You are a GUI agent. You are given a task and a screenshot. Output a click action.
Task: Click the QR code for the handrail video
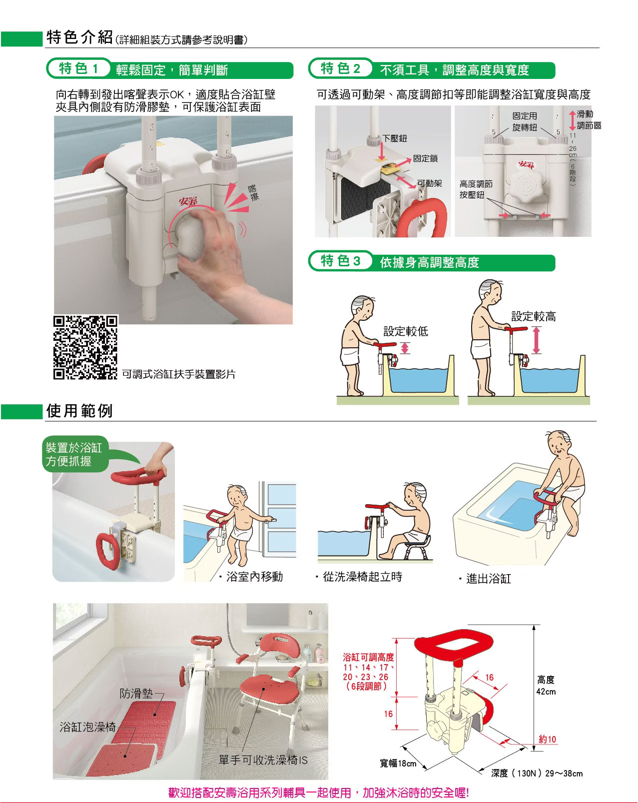(x=85, y=347)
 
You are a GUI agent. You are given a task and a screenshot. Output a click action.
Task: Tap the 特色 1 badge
(x=79, y=68)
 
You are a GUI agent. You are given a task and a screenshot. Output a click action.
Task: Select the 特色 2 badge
(x=341, y=68)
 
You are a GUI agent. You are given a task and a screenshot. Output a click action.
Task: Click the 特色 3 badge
(x=341, y=261)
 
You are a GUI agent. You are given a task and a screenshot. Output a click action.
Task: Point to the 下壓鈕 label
(x=394, y=138)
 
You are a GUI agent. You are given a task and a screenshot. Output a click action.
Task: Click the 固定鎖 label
(x=425, y=158)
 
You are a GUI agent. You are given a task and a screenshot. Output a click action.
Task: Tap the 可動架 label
(x=430, y=183)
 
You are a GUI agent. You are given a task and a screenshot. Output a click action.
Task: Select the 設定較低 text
(x=406, y=331)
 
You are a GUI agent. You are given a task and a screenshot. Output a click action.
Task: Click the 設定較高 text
(x=533, y=316)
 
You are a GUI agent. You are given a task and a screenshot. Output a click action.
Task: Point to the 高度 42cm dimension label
(x=546, y=686)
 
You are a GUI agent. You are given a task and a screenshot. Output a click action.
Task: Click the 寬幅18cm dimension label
(x=398, y=763)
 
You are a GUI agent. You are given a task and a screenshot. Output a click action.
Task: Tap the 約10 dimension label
(x=547, y=739)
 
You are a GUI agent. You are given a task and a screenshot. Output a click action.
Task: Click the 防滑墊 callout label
(x=136, y=693)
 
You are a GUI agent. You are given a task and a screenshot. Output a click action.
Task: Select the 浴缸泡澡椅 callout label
(x=87, y=727)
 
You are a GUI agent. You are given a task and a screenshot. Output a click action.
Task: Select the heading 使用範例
(x=79, y=411)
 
